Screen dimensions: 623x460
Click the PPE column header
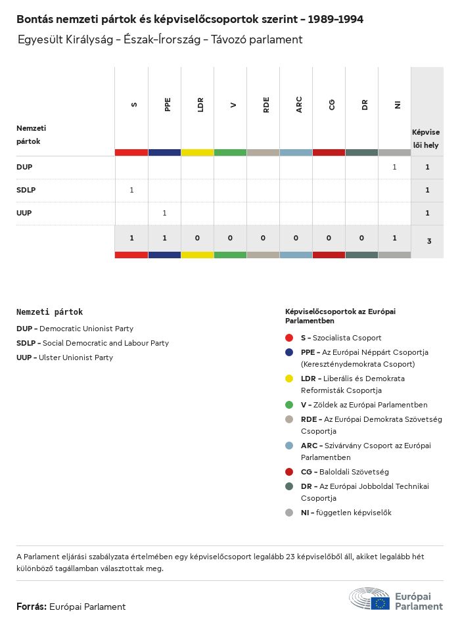pos(168,104)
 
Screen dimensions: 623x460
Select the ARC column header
pos(299,104)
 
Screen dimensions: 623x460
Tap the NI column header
pos(398,104)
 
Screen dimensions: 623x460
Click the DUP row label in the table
pos(24,167)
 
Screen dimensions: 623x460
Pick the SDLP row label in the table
pos(26,190)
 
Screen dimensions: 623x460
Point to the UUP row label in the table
pos(24,213)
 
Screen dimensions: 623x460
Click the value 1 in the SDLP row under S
pos(131,190)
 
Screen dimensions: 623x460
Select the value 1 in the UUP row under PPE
pos(164,213)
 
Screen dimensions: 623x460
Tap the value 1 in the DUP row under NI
pos(394,167)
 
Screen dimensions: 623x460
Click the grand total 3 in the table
pos(429,241)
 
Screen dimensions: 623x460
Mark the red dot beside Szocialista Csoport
pos(289,338)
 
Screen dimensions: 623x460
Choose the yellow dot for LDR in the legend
pos(289,379)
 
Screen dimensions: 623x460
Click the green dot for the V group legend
pos(289,405)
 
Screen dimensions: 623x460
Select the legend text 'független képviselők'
pos(354,513)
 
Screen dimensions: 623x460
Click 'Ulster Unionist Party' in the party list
pos(76,358)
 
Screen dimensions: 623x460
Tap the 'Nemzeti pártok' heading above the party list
pos(50,312)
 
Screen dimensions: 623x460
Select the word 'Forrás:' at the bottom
pos(32,607)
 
